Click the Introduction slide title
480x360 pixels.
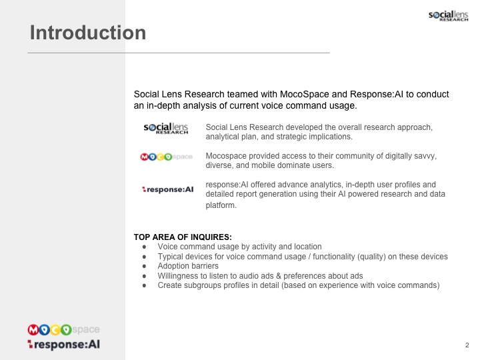coord(88,33)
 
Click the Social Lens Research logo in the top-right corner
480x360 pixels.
coord(448,16)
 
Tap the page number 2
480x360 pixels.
coord(467,345)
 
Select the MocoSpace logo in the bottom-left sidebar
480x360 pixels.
coord(63,330)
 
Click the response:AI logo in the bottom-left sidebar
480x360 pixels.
coord(64,345)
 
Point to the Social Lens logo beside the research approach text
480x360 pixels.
coord(166,129)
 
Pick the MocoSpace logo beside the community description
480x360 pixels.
coord(166,157)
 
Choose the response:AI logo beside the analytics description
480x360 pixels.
coord(168,189)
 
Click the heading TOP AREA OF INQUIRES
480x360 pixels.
coord(183,237)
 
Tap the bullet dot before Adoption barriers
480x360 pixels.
coord(144,266)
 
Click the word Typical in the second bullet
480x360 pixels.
coord(169,257)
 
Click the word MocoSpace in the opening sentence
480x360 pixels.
coord(304,94)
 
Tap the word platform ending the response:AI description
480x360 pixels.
coord(221,205)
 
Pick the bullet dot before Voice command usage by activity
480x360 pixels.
coord(144,247)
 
